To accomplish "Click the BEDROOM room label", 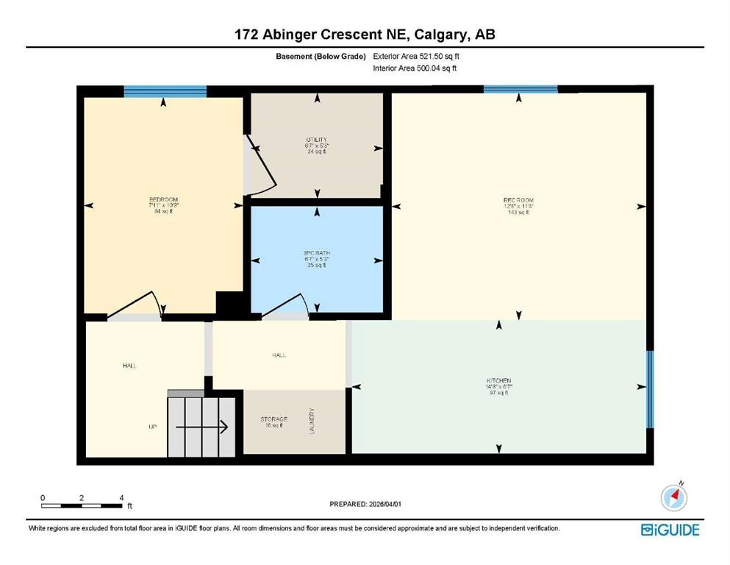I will click(163, 200).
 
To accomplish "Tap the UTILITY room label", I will click(317, 140).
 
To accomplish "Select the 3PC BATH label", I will click(317, 253).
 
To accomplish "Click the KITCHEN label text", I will click(498, 380).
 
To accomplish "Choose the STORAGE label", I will click(273, 419).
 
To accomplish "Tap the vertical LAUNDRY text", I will click(312, 421).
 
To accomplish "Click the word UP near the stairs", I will click(153, 426).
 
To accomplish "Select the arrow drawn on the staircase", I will click(203, 424).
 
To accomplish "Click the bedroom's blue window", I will click(165, 91).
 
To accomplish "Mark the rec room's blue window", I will click(520, 89).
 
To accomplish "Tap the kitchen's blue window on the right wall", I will click(650, 389).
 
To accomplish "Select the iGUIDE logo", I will click(670, 529).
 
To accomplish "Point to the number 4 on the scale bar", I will click(121, 497).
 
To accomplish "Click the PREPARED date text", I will click(365, 504).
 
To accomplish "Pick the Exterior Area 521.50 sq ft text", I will click(419, 56).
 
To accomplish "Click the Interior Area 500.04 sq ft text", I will click(418, 68).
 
